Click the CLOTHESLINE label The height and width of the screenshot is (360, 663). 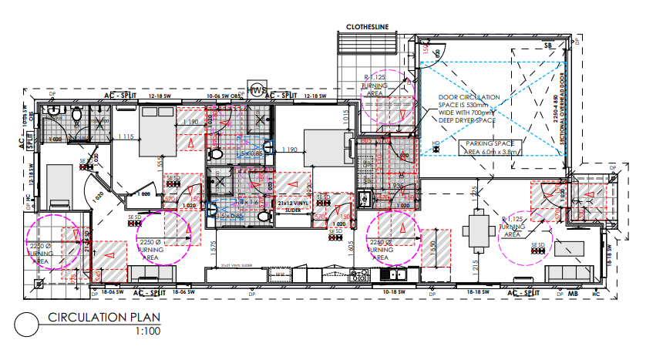[368, 28]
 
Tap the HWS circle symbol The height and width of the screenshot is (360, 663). [256, 90]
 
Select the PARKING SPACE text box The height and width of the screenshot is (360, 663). [490, 147]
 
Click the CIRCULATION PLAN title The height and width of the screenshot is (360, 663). [98, 318]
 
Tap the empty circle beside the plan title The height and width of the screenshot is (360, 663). [25, 325]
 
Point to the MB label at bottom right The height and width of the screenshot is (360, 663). [573, 294]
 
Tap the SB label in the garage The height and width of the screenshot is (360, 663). [548, 47]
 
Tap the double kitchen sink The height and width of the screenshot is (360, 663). [398, 274]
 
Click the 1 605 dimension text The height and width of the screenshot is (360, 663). [349, 247]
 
